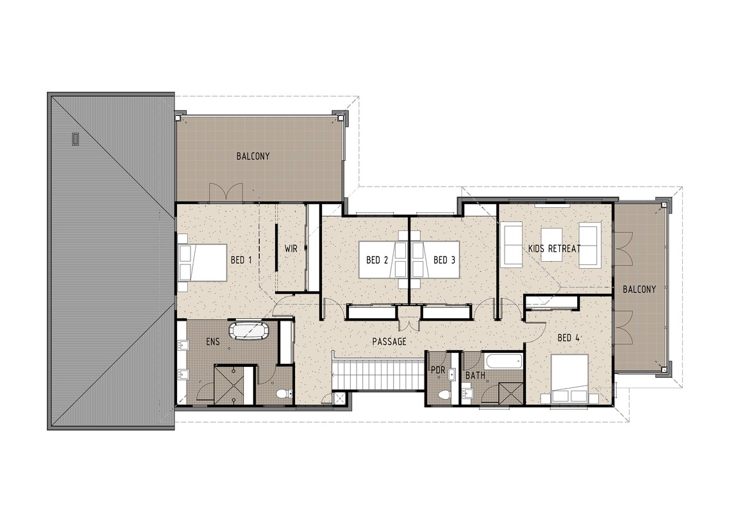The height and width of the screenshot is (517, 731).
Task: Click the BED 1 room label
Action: [x=241, y=260]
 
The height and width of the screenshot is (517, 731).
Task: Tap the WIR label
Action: [x=292, y=248]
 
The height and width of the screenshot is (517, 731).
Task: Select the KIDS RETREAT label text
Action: [x=554, y=248]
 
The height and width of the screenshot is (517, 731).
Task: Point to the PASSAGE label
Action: [x=389, y=342]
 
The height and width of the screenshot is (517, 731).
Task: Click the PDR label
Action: [x=438, y=370]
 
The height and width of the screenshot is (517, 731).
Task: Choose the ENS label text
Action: [x=213, y=342]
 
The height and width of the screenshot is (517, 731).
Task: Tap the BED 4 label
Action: [x=568, y=337]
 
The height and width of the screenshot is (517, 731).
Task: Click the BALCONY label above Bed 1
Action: [x=253, y=156]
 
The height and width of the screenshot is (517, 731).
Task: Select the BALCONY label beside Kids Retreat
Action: [x=639, y=289]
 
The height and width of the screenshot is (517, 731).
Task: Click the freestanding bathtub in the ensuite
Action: [x=251, y=331]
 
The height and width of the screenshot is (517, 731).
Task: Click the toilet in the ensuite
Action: [x=282, y=394]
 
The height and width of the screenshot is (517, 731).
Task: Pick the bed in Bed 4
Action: [x=569, y=379]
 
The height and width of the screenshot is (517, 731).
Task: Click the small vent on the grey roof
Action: [x=75, y=138]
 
